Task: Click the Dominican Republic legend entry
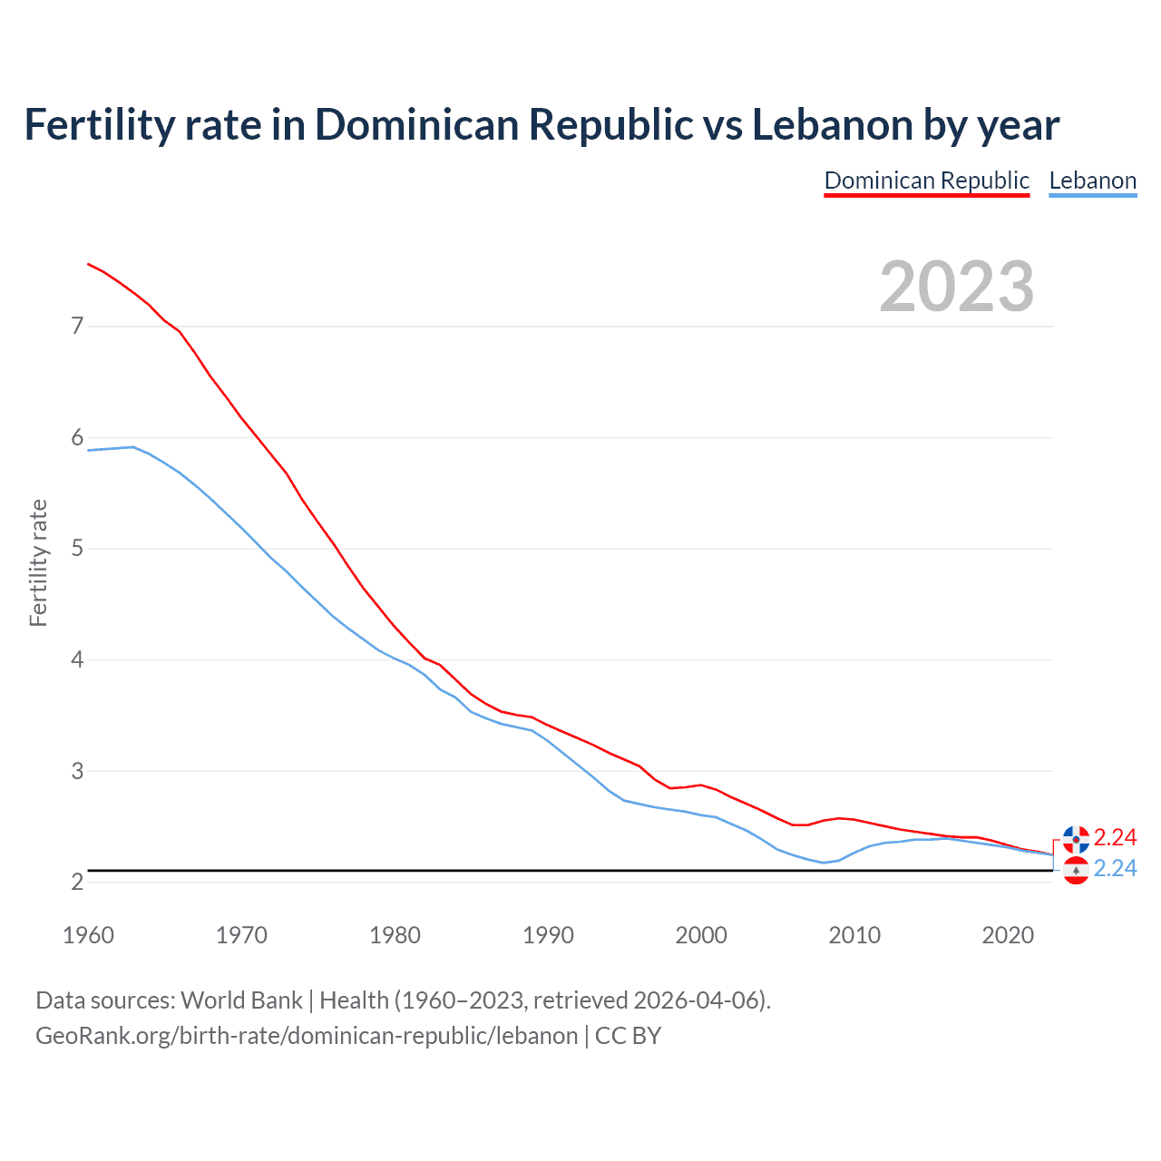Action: [926, 180]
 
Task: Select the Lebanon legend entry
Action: [1092, 180]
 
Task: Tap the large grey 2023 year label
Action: [956, 287]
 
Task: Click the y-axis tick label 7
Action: [77, 326]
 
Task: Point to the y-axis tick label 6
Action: [77, 438]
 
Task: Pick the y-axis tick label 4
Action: [77, 659]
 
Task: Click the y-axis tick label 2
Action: [77, 882]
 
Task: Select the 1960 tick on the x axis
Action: [88, 935]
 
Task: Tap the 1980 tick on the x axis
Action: [395, 935]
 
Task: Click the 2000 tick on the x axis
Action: [700, 935]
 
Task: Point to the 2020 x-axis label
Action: [1007, 935]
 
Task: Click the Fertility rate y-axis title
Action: [38, 562]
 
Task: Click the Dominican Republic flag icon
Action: [1076, 839]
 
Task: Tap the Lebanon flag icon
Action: [1076, 871]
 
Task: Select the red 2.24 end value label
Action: [1115, 837]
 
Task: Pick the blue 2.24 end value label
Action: [1115, 869]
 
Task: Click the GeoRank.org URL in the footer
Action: [307, 1036]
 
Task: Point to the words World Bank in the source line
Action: [241, 1000]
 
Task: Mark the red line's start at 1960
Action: [88, 264]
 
